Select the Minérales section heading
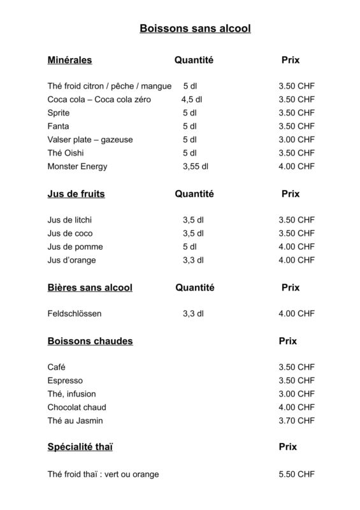coord(69,61)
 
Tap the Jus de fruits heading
coord(76,194)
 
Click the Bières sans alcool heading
coord(90,288)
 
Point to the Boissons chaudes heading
coord(90,341)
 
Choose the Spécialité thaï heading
coord(80,448)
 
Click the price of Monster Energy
coord(296,166)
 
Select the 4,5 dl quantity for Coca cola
coord(191,99)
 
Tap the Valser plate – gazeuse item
coord(90,140)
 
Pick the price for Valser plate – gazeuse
coord(296,140)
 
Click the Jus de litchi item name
coord(74,220)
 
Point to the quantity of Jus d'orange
coord(192,260)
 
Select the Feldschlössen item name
coord(74,314)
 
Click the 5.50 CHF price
coord(296,474)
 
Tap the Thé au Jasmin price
coord(296,421)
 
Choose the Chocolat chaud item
coord(76,407)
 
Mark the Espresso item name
coord(66,381)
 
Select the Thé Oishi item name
coord(65,153)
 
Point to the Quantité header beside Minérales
coord(194,61)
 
